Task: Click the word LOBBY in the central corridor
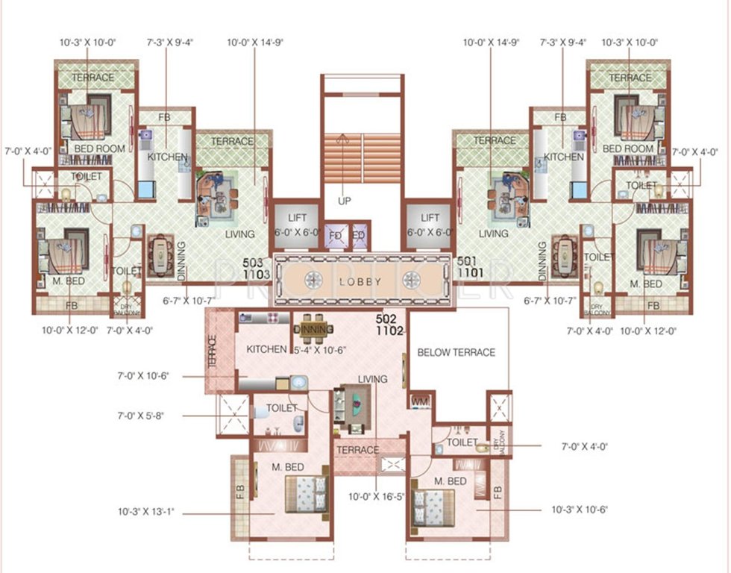361,282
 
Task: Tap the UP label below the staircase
345,201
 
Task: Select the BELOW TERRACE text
456,352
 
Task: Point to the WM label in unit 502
420,402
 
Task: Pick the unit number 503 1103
260,268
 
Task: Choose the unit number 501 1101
466,268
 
